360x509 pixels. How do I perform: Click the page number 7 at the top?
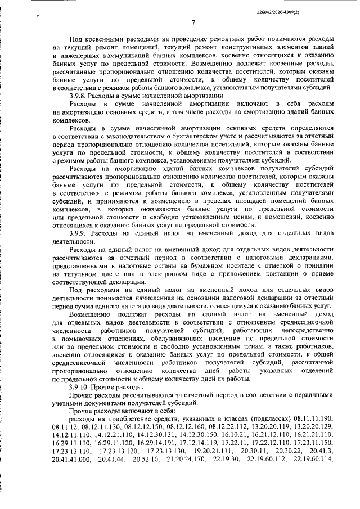[192, 23]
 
